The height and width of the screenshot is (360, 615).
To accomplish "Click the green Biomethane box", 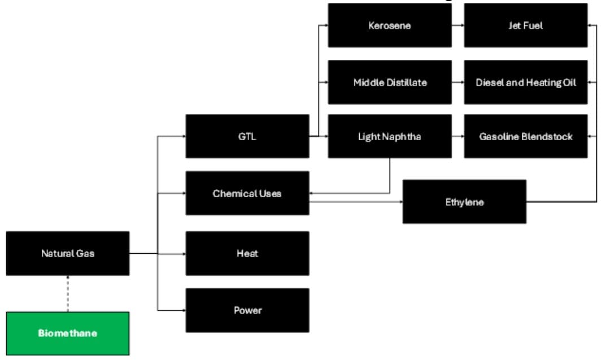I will [68, 333].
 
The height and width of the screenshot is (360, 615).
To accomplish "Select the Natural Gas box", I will [68, 253].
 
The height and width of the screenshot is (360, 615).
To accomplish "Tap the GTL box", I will [247, 136].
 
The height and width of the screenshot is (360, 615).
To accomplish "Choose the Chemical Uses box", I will [247, 193].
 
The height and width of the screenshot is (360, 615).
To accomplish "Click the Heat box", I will [247, 253].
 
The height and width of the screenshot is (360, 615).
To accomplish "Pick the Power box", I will [247, 310].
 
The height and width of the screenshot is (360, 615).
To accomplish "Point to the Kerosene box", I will [390, 25].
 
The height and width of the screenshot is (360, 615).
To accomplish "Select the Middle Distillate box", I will [390, 83].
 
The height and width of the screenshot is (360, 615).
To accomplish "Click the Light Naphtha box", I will [390, 136].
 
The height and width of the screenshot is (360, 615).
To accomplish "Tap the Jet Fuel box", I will [526, 25].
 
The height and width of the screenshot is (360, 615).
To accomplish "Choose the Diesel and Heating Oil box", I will [526, 83].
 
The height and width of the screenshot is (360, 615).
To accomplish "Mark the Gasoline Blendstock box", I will [526, 136].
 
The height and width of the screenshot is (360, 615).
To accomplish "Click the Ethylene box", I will [464, 202].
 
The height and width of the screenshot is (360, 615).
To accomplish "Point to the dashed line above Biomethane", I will [68, 293].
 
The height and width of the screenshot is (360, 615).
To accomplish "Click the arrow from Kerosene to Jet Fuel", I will [458, 26].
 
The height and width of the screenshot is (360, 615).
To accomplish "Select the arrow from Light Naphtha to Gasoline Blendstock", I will [458, 137].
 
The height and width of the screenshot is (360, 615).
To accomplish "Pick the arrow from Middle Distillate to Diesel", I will [458, 83].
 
